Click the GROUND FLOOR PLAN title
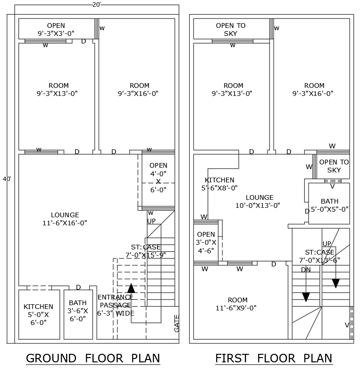(x=92, y=358)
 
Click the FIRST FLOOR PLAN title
(x=273, y=358)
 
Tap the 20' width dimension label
(x=97, y=4)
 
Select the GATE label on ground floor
(x=176, y=324)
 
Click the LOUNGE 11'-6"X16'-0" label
(x=65, y=219)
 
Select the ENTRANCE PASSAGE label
(x=116, y=305)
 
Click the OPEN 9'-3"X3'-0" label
(x=56, y=29)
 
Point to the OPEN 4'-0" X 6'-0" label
(x=158, y=178)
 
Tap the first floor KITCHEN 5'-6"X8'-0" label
(x=219, y=184)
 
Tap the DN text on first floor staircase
(x=306, y=270)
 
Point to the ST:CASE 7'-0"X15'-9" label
(x=146, y=251)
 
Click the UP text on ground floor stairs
(x=151, y=221)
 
